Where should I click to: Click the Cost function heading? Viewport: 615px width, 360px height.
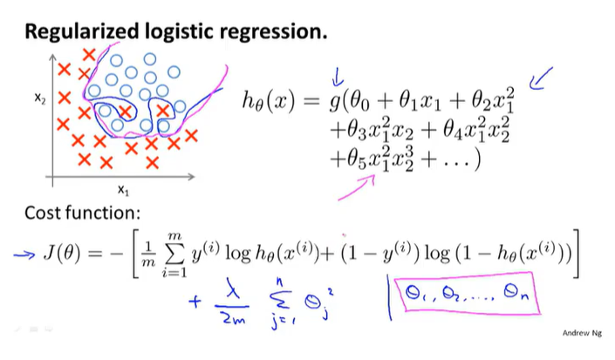(84, 214)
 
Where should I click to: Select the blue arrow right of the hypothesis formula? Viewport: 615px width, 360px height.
(543, 81)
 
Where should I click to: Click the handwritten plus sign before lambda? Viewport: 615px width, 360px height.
(194, 305)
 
